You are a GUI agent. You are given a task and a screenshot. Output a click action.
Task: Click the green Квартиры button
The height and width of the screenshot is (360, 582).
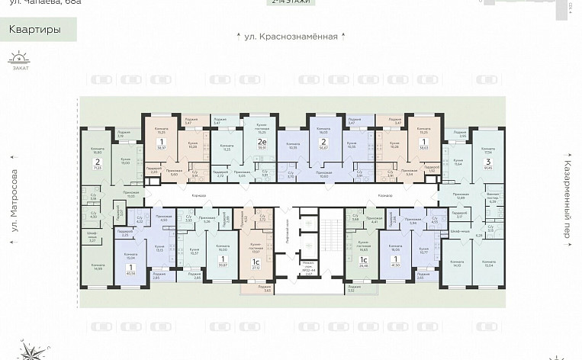tap(37, 31)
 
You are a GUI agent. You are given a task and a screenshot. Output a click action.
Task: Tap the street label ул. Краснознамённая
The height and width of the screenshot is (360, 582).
tap(291, 36)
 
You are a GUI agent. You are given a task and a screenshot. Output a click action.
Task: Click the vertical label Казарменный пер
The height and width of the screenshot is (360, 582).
tap(568, 200)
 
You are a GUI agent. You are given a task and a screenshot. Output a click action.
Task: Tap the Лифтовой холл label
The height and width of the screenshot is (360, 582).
tap(287, 229)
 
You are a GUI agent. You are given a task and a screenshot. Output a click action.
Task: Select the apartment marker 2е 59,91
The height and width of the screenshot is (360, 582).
tap(262, 148)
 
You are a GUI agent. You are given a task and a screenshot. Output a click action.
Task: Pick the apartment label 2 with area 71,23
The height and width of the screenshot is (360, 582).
tap(98, 163)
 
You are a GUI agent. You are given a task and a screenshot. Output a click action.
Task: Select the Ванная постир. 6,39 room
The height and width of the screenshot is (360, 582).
tap(492, 201)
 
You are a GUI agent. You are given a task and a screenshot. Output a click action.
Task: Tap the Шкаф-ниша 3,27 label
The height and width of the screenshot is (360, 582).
tap(93, 238)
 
